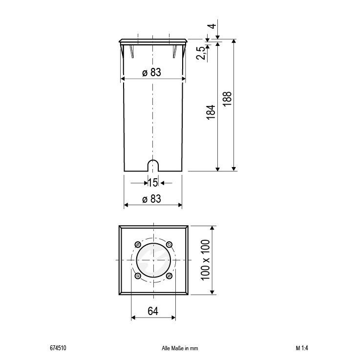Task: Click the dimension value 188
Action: (x=227, y=100)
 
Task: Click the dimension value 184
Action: (x=211, y=113)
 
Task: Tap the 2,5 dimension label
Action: (x=200, y=53)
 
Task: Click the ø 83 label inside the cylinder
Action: (x=151, y=72)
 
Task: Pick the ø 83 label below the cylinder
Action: (x=151, y=199)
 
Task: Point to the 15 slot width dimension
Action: (x=152, y=183)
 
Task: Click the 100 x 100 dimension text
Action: (x=205, y=259)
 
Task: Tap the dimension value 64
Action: (x=153, y=310)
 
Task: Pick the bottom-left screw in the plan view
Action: (x=137, y=276)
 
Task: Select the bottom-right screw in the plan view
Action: (x=169, y=276)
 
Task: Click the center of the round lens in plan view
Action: (x=153, y=260)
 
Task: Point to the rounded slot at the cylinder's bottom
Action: (x=153, y=165)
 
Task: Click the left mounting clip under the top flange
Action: (x=132, y=50)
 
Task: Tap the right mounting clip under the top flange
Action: (x=174, y=50)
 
